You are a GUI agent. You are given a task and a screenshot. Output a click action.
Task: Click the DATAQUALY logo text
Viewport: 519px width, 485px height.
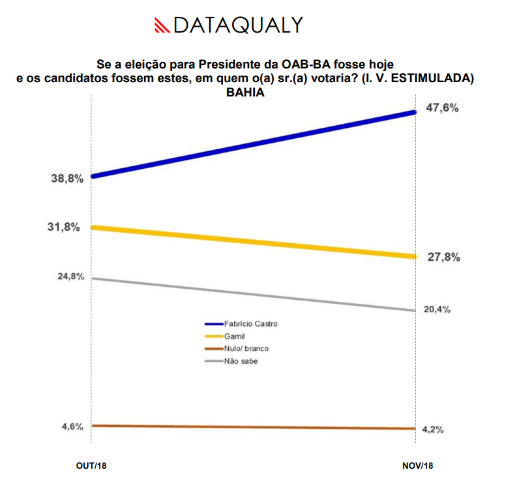click(x=238, y=25)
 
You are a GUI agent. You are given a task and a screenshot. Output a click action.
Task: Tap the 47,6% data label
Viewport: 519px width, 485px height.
click(x=442, y=108)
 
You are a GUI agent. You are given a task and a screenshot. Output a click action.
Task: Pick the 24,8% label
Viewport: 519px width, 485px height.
click(x=70, y=276)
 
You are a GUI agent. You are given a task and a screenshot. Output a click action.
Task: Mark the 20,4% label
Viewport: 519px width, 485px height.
click(x=437, y=310)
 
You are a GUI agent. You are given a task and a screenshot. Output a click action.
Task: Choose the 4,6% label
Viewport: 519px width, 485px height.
click(x=72, y=427)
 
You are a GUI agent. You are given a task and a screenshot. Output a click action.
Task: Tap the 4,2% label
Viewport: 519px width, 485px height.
click(x=434, y=430)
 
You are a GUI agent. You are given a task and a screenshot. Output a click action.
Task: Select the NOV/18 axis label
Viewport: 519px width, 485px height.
click(x=417, y=465)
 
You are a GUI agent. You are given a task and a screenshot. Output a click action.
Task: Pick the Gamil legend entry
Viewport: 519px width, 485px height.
click(x=235, y=336)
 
